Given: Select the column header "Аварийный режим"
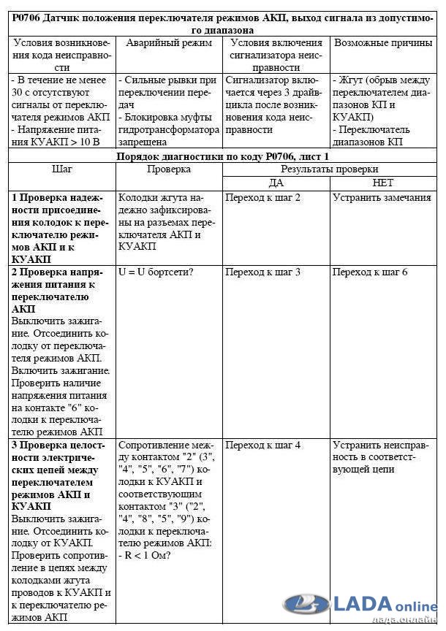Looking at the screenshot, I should click(167, 43).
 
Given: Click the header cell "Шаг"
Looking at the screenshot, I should click(61, 169).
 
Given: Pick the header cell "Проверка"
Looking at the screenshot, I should click(168, 169).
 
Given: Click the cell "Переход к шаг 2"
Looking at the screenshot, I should click(263, 197).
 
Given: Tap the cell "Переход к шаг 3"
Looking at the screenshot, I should click(263, 272).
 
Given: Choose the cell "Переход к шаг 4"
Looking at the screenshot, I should click(263, 445).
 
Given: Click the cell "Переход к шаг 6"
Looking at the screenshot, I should click(370, 272).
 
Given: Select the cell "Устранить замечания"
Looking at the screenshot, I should click(382, 197).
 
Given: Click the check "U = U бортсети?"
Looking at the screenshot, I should click(155, 272).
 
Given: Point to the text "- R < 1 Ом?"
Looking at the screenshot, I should click(145, 556).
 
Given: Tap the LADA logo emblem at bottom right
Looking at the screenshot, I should click(306, 604).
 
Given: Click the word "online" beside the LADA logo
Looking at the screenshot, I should click(417, 606).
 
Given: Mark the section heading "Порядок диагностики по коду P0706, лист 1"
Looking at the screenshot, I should click(222, 156).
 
